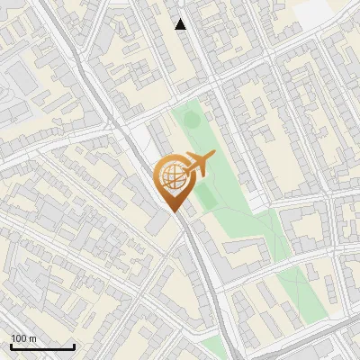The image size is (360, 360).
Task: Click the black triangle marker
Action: click(x=181, y=24)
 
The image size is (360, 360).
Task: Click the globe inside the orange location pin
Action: click(x=173, y=178)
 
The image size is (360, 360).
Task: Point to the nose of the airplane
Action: click(x=213, y=157)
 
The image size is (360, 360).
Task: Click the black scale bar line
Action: click(x=42, y=346)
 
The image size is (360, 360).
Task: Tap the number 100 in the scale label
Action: click(x=19, y=338)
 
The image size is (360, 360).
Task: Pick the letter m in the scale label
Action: click(x=32, y=338)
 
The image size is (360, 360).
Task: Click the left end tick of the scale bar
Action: click(x=11, y=345)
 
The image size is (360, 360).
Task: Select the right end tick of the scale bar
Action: click(x=74, y=345)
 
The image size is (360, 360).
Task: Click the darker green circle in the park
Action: click(x=204, y=192)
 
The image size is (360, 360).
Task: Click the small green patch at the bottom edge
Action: click(x=213, y=349)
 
